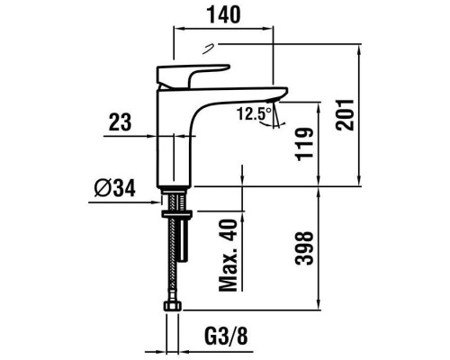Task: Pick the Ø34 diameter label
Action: (x=114, y=187)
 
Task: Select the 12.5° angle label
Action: (x=253, y=113)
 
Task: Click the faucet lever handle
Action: (x=193, y=71)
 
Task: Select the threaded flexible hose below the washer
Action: (x=171, y=261)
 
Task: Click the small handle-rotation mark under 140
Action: (x=211, y=48)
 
